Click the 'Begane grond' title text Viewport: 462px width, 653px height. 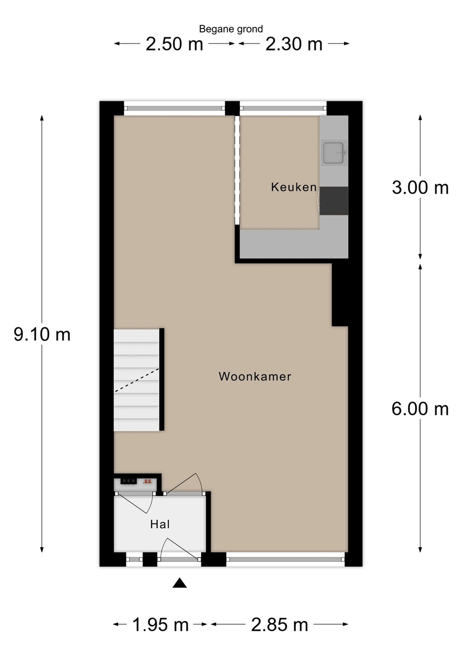tap(231, 29)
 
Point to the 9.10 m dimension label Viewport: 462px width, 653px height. tap(42, 334)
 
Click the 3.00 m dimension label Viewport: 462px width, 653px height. tap(420, 187)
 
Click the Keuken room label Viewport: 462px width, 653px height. tap(294, 187)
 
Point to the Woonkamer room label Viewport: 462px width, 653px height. tap(255, 376)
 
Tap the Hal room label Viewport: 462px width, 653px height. tap(160, 524)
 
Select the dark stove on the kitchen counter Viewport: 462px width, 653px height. tap(334, 201)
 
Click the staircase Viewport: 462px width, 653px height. tap(137, 380)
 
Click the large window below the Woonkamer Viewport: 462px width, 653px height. tap(285, 559)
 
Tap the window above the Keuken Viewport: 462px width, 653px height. tap(283, 108)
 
